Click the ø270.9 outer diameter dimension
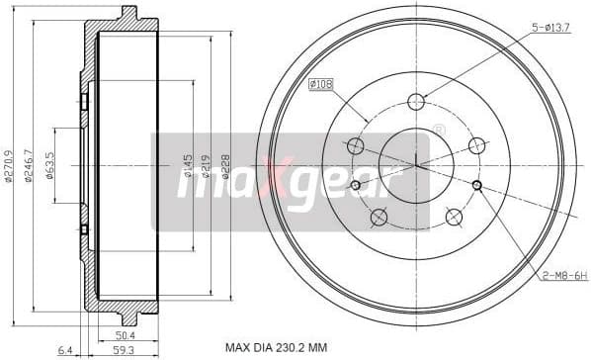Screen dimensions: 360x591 pos(10,165)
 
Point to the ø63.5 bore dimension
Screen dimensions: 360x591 pos(51,165)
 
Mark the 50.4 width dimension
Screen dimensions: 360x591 pos(125,335)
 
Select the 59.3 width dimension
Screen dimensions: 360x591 pos(125,350)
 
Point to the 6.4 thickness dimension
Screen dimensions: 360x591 pos(65,350)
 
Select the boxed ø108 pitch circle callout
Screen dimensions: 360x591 pos(322,85)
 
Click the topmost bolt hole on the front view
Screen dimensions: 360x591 pos(416,101)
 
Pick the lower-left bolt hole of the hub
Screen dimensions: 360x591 pos(378,217)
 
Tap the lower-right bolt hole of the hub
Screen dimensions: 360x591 pos(454,217)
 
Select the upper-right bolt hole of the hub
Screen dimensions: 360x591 pos(477,145)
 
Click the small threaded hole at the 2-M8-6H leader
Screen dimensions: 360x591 pos(476,185)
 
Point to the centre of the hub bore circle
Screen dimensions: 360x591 pos(416,165)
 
